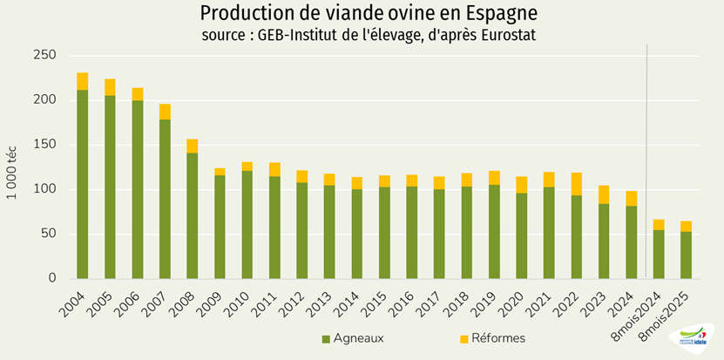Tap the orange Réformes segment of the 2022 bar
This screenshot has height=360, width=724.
click(x=576, y=184)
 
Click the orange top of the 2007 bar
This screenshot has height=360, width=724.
click(x=165, y=112)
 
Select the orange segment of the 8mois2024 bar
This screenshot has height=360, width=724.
click(x=659, y=225)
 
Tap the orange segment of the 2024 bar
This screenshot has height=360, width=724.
click(x=631, y=198)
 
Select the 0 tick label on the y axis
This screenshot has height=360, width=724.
click(x=51, y=278)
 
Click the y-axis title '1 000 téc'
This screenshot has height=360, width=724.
click(x=15, y=166)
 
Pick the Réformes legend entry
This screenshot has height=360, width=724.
click(x=493, y=338)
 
